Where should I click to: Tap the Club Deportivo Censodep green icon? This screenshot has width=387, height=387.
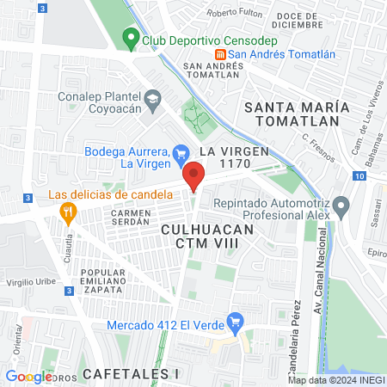pos(131,38)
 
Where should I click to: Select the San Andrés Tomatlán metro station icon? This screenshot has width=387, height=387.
pos(244,54)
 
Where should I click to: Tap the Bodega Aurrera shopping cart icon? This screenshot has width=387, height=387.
pos(181,154)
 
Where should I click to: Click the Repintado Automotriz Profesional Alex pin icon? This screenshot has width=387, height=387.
pos(341,206)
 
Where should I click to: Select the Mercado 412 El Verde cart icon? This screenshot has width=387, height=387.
pos(233,324)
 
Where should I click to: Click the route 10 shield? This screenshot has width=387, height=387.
pos(359,175)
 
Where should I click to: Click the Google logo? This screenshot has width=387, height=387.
pos(28,376)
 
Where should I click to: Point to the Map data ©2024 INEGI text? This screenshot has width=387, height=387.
pos(335,380)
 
